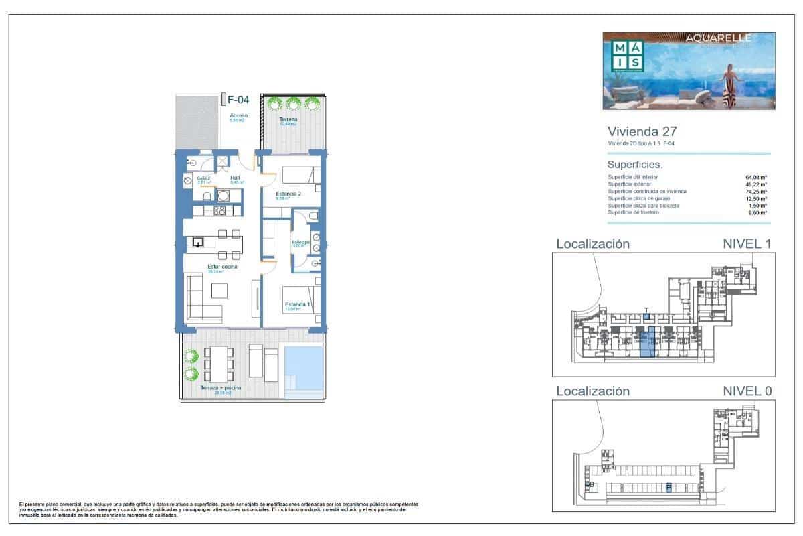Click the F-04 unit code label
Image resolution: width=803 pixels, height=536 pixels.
click(238, 100)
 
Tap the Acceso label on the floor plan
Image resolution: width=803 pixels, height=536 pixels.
click(238, 115)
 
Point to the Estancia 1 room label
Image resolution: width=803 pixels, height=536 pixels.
click(297, 305)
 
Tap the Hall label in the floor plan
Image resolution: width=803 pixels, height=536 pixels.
click(235, 178)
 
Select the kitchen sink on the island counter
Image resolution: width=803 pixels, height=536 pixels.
click(199, 243)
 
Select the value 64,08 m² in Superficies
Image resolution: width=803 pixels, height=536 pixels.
click(757, 177)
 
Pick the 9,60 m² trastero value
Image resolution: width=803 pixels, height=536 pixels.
click(757, 213)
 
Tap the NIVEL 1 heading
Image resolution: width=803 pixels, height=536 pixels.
click(747, 244)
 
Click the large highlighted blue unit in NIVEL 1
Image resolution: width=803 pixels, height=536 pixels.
click(647, 346)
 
